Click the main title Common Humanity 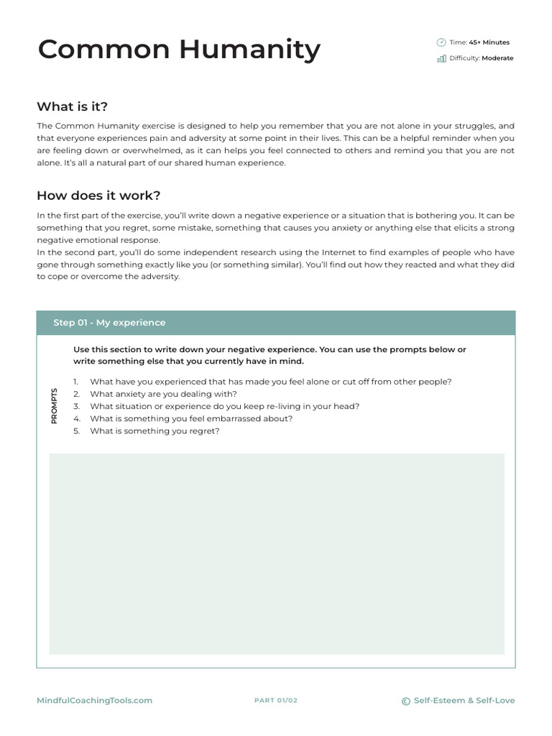(x=179, y=50)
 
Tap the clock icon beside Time (x=441, y=42)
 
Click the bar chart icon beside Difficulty (x=441, y=58)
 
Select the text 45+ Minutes (x=489, y=42)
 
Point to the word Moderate (x=497, y=58)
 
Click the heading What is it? (x=72, y=106)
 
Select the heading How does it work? (x=98, y=195)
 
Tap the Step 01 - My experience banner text (x=109, y=323)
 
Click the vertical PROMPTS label (x=55, y=406)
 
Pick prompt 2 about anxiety (x=163, y=394)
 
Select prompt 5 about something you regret (x=155, y=431)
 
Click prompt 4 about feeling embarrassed (x=191, y=418)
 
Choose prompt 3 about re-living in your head (x=224, y=406)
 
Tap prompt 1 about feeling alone (x=270, y=382)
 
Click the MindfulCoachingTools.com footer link (x=94, y=701)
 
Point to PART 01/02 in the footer (x=276, y=701)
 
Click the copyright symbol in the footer (x=406, y=701)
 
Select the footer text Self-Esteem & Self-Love (x=464, y=701)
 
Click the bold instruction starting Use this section (x=270, y=355)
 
